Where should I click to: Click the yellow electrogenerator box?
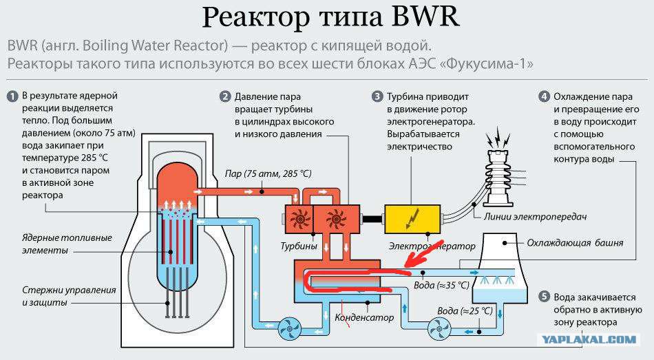[x=412, y=219]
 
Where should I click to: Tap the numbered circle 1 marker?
[x=12, y=96]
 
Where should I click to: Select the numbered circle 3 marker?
[x=377, y=97]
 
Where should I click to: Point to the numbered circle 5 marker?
[x=544, y=297]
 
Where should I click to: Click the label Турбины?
[x=299, y=246]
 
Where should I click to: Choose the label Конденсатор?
[x=364, y=317]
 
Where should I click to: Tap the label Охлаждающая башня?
[x=575, y=243]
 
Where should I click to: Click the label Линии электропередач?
[x=535, y=217]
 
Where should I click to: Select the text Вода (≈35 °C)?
[x=441, y=286]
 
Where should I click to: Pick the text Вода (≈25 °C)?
[x=465, y=310]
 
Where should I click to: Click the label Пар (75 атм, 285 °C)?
[x=268, y=173]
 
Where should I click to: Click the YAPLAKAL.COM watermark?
[x=590, y=339]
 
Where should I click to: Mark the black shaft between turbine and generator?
[x=372, y=219]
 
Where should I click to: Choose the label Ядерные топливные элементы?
[x=67, y=244]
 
